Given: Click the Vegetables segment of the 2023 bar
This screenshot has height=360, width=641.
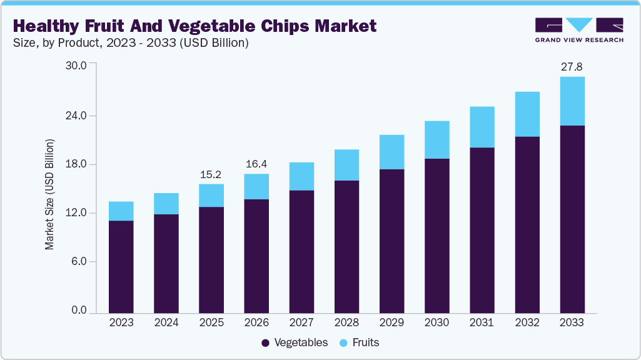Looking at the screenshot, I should pyautogui.click(x=121, y=266).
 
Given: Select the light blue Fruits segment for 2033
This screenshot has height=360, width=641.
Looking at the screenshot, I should pyautogui.click(x=572, y=101).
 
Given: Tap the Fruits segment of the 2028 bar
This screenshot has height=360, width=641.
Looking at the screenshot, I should pyautogui.click(x=346, y=165).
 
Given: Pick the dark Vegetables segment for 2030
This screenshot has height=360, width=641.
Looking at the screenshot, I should pyautogui.click(x=437, y=236).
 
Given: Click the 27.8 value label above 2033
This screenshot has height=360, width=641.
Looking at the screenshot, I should pyautogui.click(x=572, y=66).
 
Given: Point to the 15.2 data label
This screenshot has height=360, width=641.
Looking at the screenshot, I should pyautogui.click(x=211, y=174).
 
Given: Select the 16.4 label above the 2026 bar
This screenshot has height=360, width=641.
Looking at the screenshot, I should pyautogui.click(x=256, y=164).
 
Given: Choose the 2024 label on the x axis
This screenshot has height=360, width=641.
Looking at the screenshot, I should pyautogui.click(x=166, y=323).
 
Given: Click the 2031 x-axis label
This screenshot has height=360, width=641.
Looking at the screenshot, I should pyautogui.click(x=482, y=323).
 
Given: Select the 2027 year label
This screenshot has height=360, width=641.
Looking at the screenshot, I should pyautogui.click(x=301, y=323).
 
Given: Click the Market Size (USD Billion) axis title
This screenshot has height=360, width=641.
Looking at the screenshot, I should pyautogui.click(x=49, y=195).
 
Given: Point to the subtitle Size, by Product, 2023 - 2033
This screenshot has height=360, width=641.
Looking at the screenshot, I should pyautogui.click(x=131, y=43).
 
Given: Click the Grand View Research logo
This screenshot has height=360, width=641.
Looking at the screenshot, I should pyautogui.click(x=579, y=29).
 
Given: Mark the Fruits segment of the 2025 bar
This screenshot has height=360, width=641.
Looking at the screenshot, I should pyautogui.click(x=211, y=196).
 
